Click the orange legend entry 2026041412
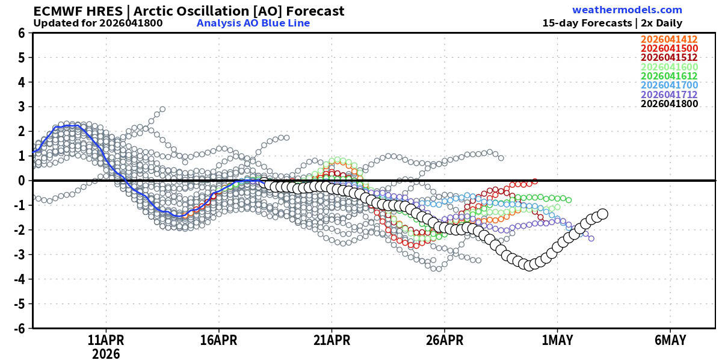(x=669, y=39)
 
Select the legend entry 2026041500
(x=669, y=48)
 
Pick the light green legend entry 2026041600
(x=669, y=67)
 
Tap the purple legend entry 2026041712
(x=669, y=95)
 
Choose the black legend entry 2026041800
(x=669, y=104)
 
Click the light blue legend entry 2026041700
(x=669, y=85)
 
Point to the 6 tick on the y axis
(x=21, y=33)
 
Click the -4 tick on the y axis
(x=19, y=279)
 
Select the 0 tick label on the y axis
(x=21, y=181)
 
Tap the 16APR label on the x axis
(x=219, y=340)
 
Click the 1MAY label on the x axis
(x=557, y=340)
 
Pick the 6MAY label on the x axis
(x=670, y=340)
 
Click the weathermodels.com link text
(x=627, y=10)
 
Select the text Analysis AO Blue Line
(x=253, y=23)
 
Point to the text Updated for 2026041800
(x=98, y=23)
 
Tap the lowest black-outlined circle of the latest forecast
(x=529, y=265)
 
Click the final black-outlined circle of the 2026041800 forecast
(x=603, y=214)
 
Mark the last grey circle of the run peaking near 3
(x=162, y=110)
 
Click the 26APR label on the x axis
(x=445, y=340)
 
